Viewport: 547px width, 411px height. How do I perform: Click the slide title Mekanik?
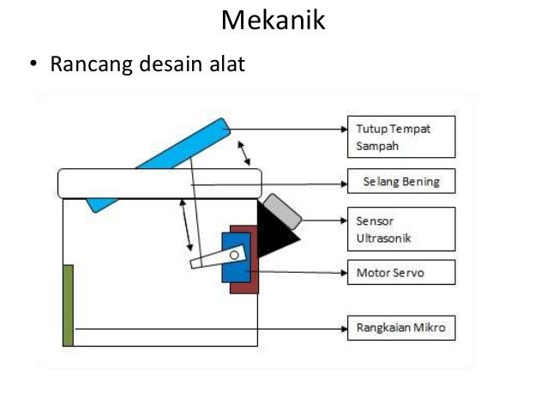[273, 20]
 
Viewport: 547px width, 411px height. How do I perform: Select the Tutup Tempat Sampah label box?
[400, 136]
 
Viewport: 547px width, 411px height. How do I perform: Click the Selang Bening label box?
[400, 182]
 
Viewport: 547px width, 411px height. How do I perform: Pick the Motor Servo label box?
[400, 274]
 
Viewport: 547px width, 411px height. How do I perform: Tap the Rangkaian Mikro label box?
[400, 328]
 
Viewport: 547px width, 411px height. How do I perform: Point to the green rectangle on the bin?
[68, 305]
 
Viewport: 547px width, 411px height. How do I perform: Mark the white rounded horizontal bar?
[159, 183]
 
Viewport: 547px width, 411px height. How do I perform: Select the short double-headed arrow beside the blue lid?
[245, 152]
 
